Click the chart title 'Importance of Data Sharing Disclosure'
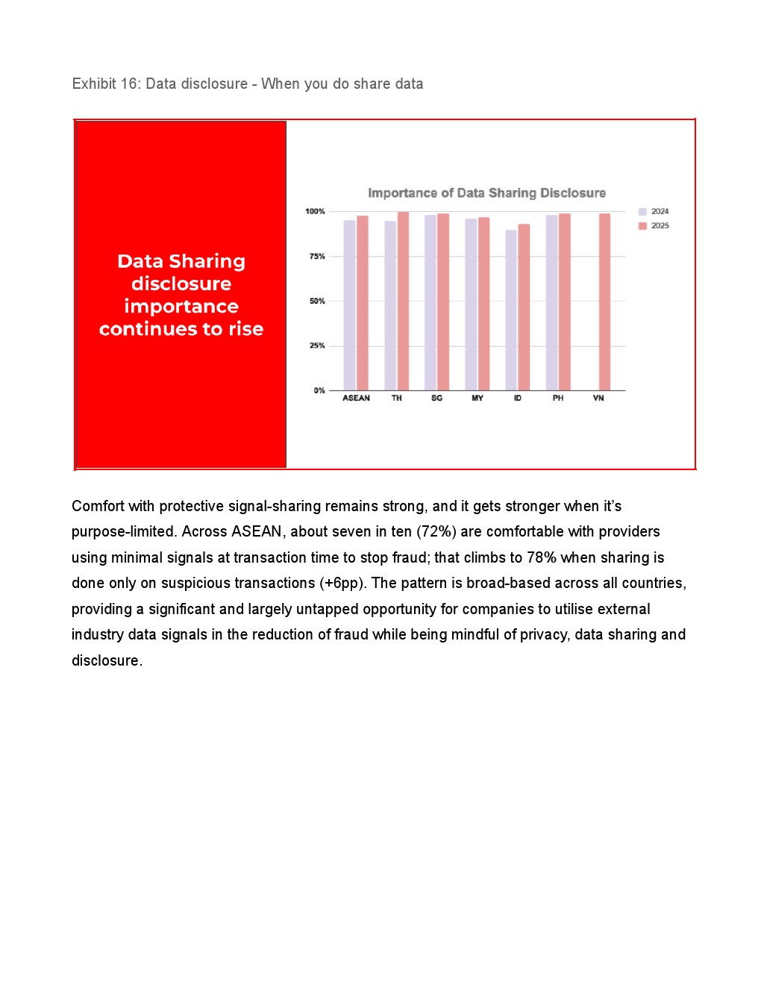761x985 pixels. (x=486, y=193)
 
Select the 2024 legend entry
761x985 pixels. (x=654, y=212)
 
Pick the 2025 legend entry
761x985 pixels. (x=654, y=226)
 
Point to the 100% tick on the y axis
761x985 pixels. (x=315, y=212)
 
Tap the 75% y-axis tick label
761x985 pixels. (x=317, y=257)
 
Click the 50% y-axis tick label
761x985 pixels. (x=317, y=301)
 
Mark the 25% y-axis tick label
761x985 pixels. (x=317, y=346)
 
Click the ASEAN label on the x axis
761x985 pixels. (x=356, y=398)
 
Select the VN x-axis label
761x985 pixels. (x=598, y=398)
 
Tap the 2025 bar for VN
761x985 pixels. (x=604, y=302)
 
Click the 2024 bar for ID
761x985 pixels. (x=511, y=310)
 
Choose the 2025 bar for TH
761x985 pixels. (x=403, y=301)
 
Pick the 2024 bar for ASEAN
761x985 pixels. (x=349, y=305)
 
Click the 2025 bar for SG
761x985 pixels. (x=443, y=302)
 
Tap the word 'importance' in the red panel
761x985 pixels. (x=181, y=307)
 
